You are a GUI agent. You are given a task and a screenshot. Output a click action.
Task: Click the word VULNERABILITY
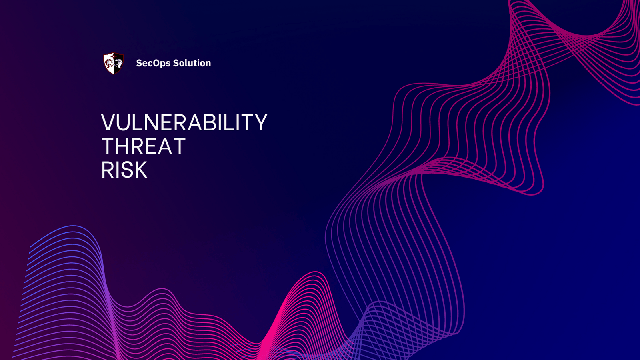(x=184, y=122)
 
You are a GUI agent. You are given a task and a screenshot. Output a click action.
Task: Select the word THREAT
(x=143, y=146)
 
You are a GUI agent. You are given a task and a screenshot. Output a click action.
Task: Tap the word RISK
(x=124, y=170)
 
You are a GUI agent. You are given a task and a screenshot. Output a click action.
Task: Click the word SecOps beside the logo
(x=153, y=63)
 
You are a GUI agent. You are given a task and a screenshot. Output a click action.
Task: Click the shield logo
(x=114, y=63)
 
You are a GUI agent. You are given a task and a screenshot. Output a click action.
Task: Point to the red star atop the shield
(x=114, y=54)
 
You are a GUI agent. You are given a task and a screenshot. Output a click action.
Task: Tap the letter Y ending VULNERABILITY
(x=260, y=122)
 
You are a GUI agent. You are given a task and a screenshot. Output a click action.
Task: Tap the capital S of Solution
(x=176, y=63)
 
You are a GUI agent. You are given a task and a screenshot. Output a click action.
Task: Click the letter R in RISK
(x=108, y=170)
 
